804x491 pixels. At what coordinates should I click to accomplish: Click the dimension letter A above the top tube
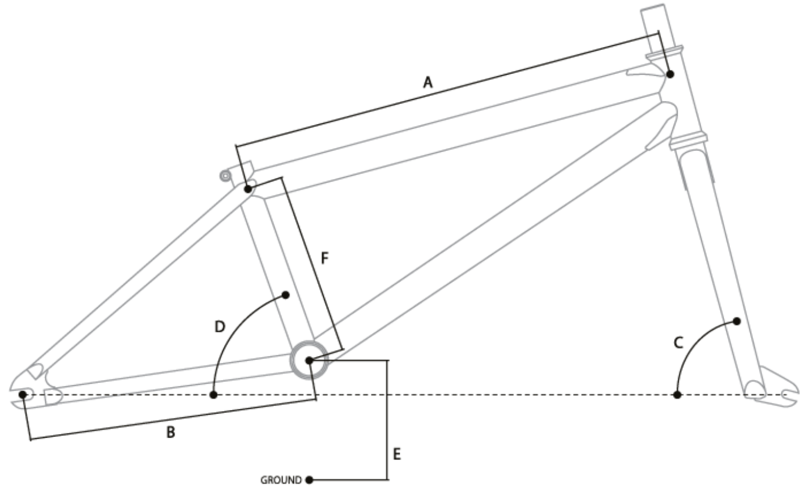coord(428,83)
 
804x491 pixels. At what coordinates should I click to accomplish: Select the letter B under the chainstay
coord(170,433)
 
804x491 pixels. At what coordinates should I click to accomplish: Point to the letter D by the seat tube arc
coord(219,325)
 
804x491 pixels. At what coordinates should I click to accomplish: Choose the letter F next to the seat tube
coord(324,257)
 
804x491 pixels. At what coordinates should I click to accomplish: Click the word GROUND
coord(281,480)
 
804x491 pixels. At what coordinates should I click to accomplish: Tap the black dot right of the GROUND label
coord(309,480)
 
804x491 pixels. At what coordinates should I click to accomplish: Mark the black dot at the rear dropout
coord(22,394)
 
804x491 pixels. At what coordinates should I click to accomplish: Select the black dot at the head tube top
coord(670,74)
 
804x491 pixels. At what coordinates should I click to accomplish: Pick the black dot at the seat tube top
coord(248,189)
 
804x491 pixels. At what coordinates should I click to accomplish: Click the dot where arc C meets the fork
coord(736,321)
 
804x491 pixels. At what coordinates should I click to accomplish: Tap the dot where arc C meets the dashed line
coord(677,395)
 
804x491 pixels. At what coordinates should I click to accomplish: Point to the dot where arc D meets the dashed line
coord(213,395)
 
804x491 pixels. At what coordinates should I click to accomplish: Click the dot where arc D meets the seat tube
coord(286,294)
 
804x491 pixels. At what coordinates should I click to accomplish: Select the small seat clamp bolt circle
coord(224,175)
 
